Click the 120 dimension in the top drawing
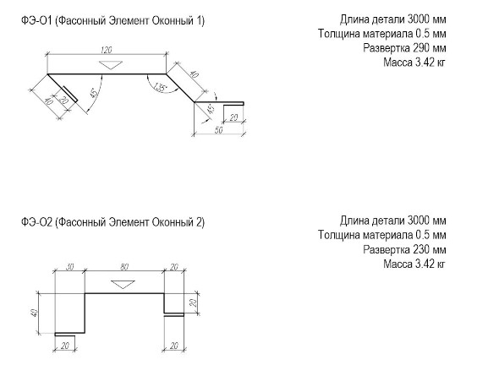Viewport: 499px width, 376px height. (107, 50)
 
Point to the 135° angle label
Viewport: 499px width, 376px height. (160, 87)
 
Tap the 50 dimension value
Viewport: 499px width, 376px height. (219, 130)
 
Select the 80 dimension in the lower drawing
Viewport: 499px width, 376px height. (124, 267)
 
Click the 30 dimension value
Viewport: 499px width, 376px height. (69, 267)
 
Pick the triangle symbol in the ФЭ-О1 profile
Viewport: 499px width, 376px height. (111, 65)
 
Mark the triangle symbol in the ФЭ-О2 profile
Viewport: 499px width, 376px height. (123, 285)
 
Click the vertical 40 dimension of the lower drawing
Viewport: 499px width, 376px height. (35, 313)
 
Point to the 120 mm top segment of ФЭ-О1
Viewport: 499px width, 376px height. (107, 74)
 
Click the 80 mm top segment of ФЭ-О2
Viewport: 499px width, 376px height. (124, 294)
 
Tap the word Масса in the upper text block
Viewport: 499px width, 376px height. (398, 63)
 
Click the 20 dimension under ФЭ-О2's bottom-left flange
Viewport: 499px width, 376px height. (65, 346)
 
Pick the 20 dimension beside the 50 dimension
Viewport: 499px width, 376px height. (233, 118)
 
